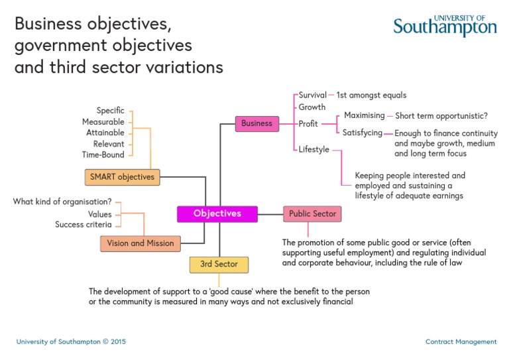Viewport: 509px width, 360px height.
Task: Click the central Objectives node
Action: (217, 213)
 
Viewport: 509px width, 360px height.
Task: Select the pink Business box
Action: (256, 123)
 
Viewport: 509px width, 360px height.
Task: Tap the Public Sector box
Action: (312, 213)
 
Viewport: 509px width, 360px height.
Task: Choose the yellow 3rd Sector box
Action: (219, 265)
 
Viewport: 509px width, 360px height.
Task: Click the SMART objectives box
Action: (122, 177)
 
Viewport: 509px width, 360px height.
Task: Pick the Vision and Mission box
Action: (141, 243)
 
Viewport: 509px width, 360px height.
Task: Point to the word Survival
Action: (312, 95)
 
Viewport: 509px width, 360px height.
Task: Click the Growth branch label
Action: (311, 107)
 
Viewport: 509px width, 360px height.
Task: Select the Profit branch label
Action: (308, 123)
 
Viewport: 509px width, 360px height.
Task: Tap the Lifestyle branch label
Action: (313, 150)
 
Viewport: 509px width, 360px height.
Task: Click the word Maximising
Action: (364, 116)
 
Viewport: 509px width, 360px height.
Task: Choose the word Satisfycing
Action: (362, 133)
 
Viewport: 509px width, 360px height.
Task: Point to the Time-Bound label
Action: (103, 155)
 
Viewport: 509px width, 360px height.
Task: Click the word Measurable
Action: (103, 122)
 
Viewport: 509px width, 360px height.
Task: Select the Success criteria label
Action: (84, 225)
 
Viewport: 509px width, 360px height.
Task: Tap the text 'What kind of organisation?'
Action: (62, 202)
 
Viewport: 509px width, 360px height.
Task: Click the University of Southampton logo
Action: (445, 25)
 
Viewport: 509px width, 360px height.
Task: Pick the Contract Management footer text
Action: (461, 342)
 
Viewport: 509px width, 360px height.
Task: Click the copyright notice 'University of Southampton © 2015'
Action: (71, 342)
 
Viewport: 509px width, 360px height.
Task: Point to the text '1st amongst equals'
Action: (371, 95)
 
